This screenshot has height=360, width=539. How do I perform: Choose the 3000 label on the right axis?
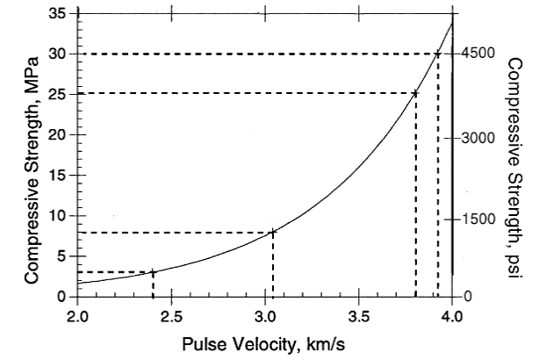click(x=476, y=138)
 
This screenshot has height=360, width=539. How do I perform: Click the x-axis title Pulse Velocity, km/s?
click(x=265, y=343)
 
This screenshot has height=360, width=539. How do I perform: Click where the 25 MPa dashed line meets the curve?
click(x=415, y=92)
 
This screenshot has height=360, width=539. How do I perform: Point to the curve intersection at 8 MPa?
click(x=273, y=233)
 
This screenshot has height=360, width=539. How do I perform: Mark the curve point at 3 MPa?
click(x=154, y=272)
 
